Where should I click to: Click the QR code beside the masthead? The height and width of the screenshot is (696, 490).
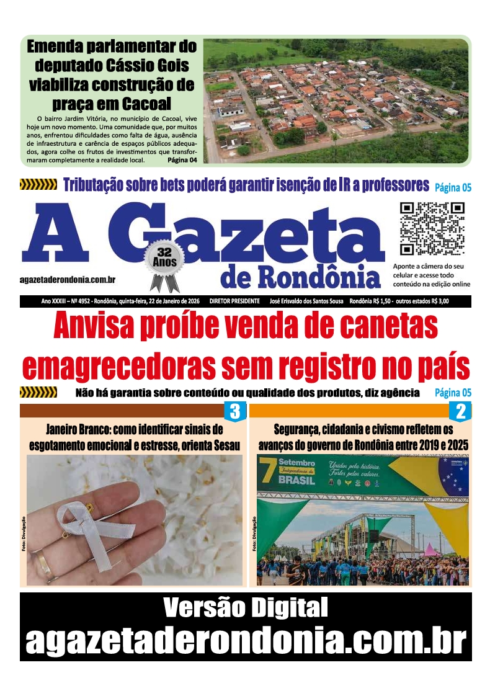tap(432, 229)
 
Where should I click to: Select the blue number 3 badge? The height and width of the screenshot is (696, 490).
tap(235, 411)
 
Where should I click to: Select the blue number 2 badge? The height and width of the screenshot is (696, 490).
tap(461, 411)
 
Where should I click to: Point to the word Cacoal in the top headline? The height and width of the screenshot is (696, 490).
tap(143, 103)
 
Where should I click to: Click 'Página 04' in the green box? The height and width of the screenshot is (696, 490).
tap(182, 160)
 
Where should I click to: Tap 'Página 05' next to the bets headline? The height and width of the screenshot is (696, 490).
tap(453, 187)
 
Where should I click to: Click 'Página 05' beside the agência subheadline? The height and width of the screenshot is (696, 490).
tap(453, 393)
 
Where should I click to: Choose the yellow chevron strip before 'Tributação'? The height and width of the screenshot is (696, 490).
tap(38, 184)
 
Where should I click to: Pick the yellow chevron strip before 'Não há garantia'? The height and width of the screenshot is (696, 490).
tap(38, 393)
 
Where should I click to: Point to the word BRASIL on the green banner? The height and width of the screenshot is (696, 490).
tap(296, 480)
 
